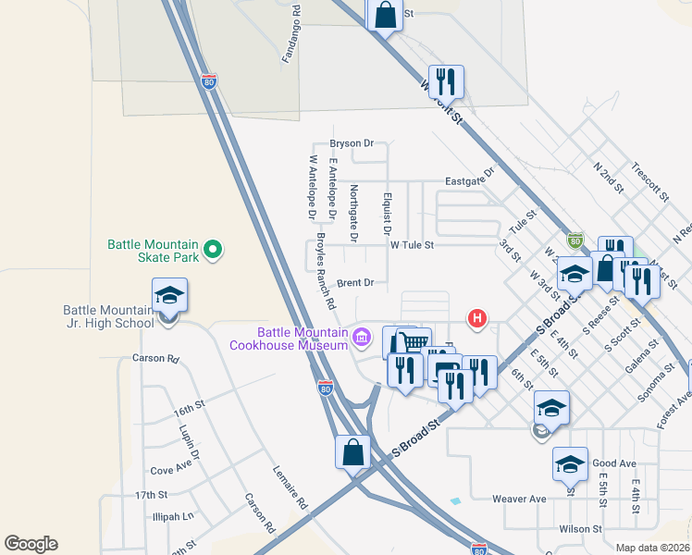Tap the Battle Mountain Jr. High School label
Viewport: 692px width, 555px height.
pyautogui.click(x=108, y=316)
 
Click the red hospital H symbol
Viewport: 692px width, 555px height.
pyautogui.click(x=477, y=319)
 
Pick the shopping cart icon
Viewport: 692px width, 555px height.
pyautogui.click(x=414, y=343)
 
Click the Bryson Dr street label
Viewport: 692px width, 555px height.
pyautogui.click(x=352, y=143)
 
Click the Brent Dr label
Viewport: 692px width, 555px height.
pyautogui.click(x=354, y=282)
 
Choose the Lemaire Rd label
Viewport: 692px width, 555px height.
pyautogui.click(x=290, y=486)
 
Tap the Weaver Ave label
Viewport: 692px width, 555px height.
pyautogui.click(x=519, y=499)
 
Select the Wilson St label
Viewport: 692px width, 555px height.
pyautogui.click(x=581, y=529)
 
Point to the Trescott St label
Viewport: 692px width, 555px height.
pyautogui.click(x=650, y=181)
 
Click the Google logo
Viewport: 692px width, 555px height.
pyautogui.click(x=31, y=544)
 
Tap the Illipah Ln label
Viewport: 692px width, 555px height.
pyautogui.click(x=175, y=516)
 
